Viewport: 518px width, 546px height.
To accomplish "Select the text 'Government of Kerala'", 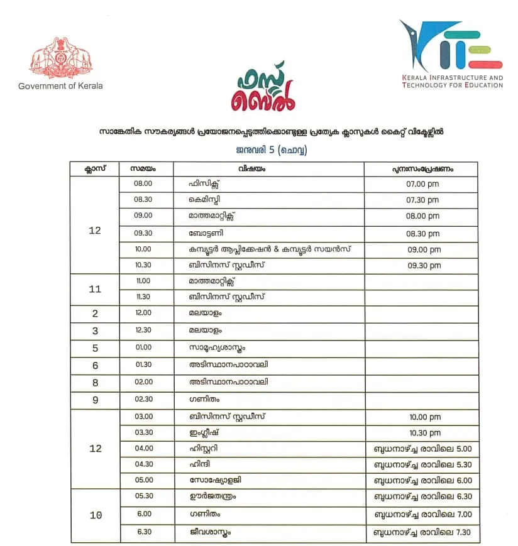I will pyautogui.click(x=60, y=86).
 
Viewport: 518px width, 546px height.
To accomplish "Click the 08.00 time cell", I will pyautogui.click(x=143, y=184).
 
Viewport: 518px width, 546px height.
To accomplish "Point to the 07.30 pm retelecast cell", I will pyautogui.click(x=422, y=200).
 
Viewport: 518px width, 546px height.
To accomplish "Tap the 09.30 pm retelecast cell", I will pyautogui.click(x=422, y=266).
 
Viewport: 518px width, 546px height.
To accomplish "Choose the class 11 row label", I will pyautogui.click(x=95, y=289).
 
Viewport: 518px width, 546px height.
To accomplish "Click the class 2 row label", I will pyautogui.click(x=95, y=314).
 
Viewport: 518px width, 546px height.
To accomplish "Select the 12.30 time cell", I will pyautogui.click(x=143, y=330).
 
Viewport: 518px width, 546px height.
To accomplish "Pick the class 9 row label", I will pyautogui.click(x=95, y=400).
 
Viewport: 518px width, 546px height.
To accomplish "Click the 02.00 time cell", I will pyautogui.click(x=143, y=382).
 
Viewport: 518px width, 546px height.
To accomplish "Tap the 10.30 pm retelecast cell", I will pyautogui.click(x=422, y=433).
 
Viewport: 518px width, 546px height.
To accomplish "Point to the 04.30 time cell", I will pyautogui.click(x=143, y=465).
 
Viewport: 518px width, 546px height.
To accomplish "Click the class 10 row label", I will pyautogui.click(x=95, y=516).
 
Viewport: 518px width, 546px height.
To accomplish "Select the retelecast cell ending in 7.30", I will pyautogui.click(x=422, y=533).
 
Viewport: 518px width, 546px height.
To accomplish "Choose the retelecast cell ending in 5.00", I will pyautogui.click(x=422, y=449).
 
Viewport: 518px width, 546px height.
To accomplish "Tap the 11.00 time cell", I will pyautogui.click(x=143, y=281).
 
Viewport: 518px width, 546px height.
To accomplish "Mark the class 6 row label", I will pyautogui.click(x=95, y=366).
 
